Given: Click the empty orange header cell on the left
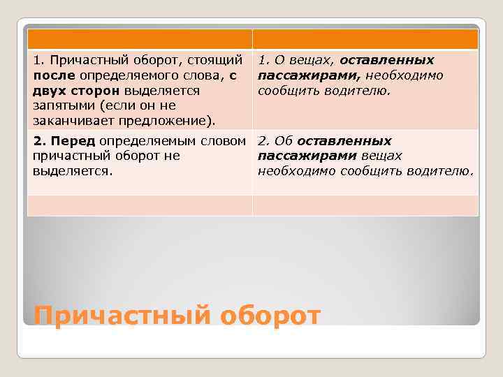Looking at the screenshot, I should coord(140,39).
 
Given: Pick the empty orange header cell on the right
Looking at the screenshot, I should coord(365,39).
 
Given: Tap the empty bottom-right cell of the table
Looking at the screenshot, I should coord(365,205).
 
